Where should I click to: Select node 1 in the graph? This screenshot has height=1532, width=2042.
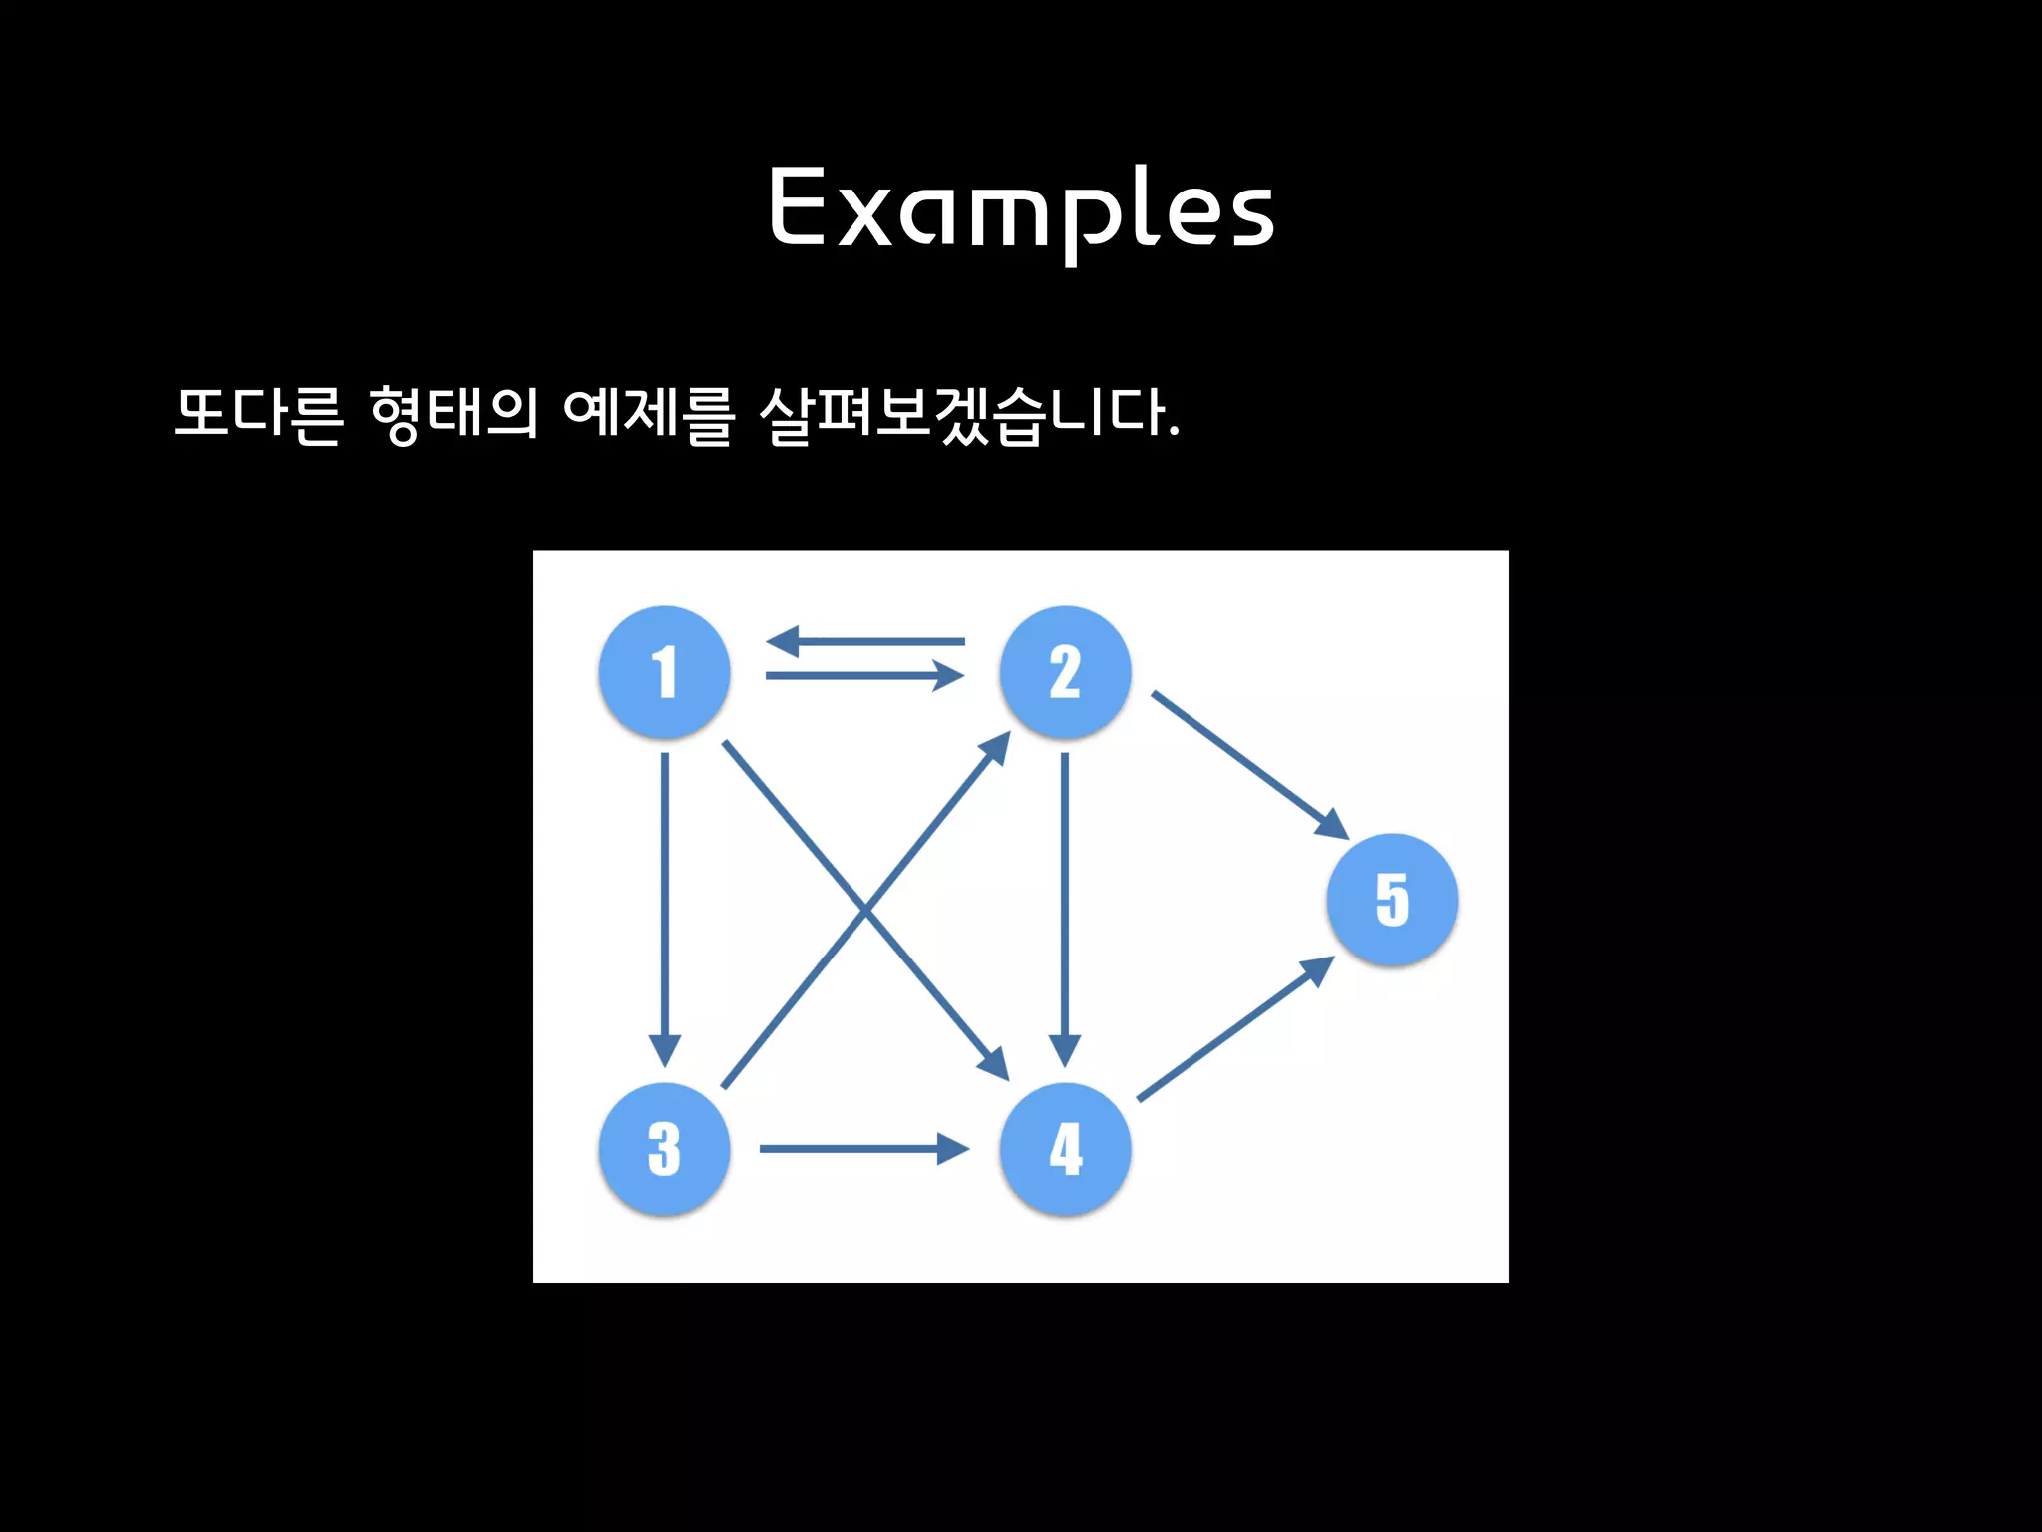(664, 671)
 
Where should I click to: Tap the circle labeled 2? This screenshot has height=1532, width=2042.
(1065, 671)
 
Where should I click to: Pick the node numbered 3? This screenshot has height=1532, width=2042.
(664, 1149)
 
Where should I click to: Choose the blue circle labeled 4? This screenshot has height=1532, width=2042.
(1065, 1149)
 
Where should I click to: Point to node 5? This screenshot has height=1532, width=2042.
(1392, 899)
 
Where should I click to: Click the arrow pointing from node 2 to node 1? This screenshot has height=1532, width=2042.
(865, 641)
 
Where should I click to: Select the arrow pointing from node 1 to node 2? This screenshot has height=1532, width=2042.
(865, 676)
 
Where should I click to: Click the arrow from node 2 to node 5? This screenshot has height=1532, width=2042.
(1249, 764)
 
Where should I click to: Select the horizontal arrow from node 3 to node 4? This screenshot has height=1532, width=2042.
(863, 1149)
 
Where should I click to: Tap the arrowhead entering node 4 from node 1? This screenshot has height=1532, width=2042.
(994, 1064)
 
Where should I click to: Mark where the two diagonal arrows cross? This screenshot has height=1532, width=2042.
(866, 909)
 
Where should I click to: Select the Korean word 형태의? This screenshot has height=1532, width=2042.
(454, 413)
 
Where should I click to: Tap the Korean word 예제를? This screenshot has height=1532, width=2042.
(648, 413)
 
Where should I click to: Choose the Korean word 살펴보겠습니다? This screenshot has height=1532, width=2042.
(969, 413)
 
